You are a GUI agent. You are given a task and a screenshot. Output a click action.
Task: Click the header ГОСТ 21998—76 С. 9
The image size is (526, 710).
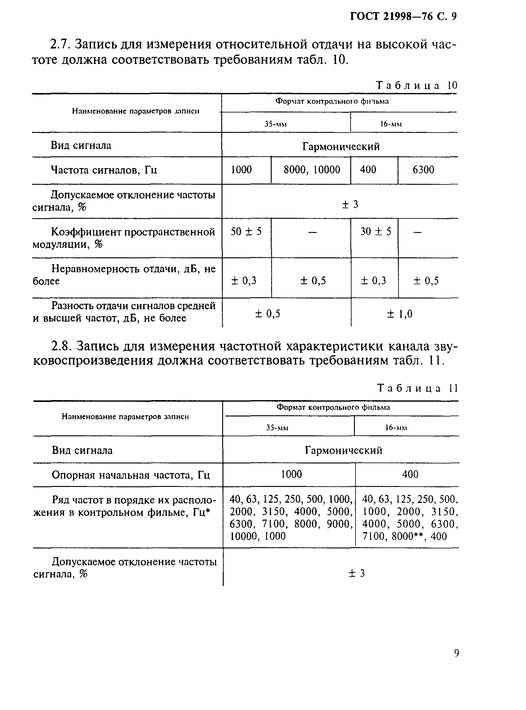[403, 16]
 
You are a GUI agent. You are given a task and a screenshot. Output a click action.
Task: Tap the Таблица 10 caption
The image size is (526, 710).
[416, 86]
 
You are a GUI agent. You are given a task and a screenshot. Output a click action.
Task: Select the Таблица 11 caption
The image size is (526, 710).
[417, 388]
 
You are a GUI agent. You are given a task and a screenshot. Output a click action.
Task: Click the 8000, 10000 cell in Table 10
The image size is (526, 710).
[312, 170]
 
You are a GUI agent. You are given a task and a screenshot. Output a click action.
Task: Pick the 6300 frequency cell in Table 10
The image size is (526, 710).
[423, 170]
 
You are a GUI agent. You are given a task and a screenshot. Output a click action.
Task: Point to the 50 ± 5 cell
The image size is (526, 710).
[246, 231]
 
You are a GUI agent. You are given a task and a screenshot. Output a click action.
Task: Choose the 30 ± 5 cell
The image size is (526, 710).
[375, 231]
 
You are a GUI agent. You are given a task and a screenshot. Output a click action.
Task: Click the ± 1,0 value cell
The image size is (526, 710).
[399, 314]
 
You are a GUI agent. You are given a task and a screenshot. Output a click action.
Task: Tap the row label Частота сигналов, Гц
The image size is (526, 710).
[104, 170]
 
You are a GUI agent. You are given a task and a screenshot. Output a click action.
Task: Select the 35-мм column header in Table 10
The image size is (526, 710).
[275, 124]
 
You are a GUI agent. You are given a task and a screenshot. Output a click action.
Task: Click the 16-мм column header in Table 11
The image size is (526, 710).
[396, 428]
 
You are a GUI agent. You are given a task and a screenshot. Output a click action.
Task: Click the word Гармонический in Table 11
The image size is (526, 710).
[343, 450]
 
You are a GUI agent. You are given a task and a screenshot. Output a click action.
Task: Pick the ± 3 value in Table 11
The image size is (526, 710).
[357, 573]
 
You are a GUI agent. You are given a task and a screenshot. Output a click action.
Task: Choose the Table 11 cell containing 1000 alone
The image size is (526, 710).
[291, 474]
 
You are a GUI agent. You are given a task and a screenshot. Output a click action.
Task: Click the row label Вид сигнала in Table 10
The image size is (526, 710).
[81, 146]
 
